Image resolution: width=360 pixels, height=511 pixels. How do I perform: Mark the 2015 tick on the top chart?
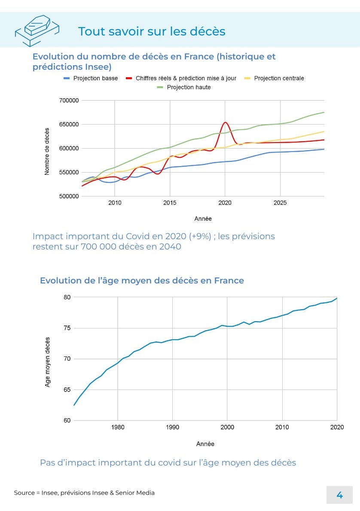170,202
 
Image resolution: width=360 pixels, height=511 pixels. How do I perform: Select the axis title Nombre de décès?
47,151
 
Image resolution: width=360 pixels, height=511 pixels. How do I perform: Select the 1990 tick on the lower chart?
172,427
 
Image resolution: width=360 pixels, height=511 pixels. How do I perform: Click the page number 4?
339,495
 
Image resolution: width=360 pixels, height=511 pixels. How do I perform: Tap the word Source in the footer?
24,493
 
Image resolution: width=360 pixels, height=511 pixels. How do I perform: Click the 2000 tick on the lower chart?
227,427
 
